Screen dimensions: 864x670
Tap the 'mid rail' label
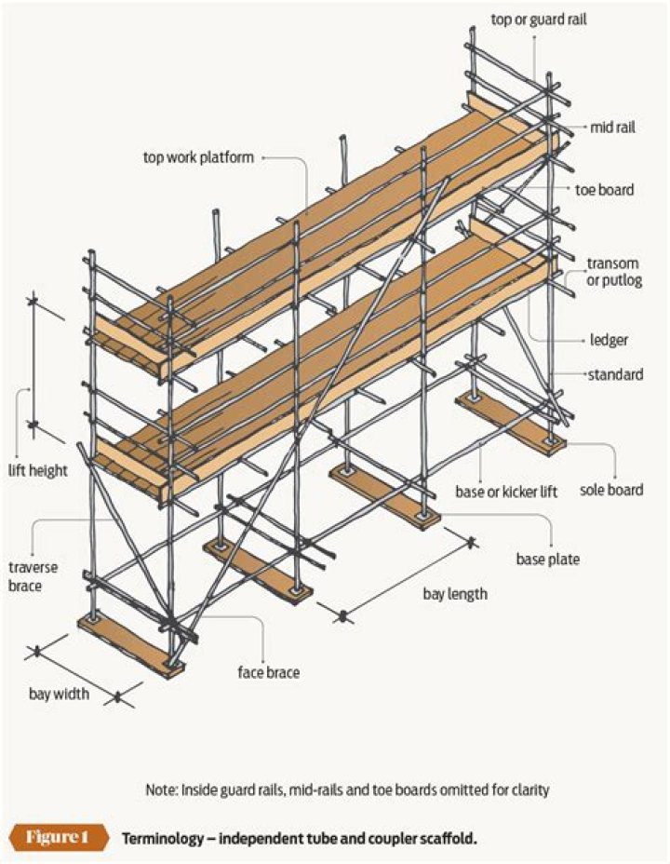point(612,128)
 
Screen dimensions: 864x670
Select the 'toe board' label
point(604,190)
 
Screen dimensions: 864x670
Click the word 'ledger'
point(608,340)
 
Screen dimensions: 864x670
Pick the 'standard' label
point(614,375)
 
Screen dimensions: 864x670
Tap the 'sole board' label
point(611,490)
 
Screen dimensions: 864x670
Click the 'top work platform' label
point(198,157)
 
